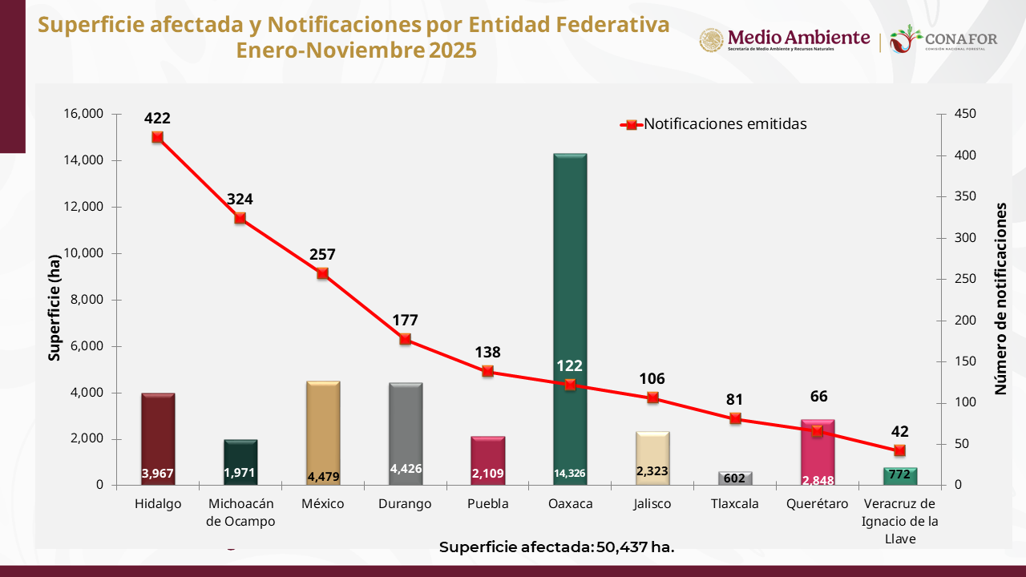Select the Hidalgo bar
coord(158,437)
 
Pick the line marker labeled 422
coord(158,137)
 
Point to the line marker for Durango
coord(405,339)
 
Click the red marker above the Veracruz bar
coord(899,450)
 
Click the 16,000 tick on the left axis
coord(83,114)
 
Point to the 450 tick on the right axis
coord(965,114)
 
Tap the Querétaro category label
coord(818,504)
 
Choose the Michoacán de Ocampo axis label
coord(240,512)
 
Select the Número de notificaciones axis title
coord(1001,298)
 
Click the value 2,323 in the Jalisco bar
coord(652,471)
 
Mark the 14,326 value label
coord(569,474)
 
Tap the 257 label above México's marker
coord(322,255)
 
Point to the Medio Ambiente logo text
coord(798,38)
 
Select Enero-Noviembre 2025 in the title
coord(356,50)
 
